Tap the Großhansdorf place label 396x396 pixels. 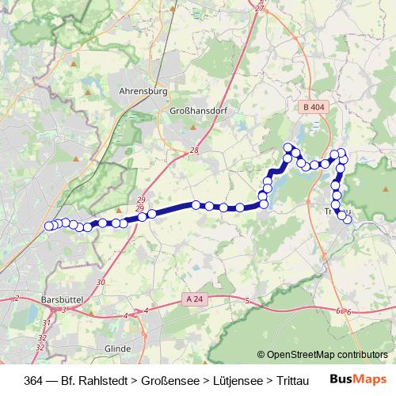click(198, 112)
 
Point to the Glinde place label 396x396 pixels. click(117, 348)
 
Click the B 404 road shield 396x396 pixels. click(314, 105)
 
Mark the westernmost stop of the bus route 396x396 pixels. click(49, 226)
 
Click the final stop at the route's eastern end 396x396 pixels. click(347, 219)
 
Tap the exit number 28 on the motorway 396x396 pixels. click(194, 150)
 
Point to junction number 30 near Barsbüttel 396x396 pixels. click(101, 282)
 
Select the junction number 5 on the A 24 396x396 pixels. click(248, 301)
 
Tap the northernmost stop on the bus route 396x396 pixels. click(288, 147)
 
